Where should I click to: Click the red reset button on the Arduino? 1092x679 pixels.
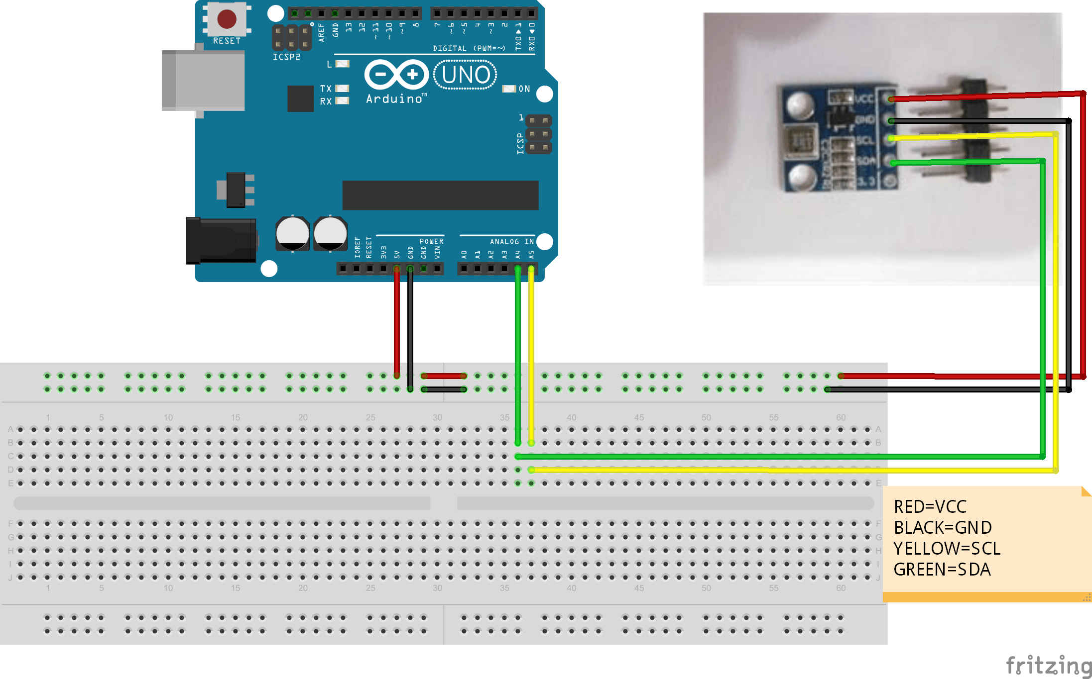pyautogui.click(x=227, y=19)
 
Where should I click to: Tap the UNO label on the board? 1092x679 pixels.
pyautogui.click(x=465, y=75)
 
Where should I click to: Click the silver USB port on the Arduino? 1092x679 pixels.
pyautogui.click(x=203, y=81)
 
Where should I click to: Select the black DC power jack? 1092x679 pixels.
pyautogui.click(x=221, y=241)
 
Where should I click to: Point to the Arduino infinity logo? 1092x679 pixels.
pyautogui.click(x=396, y=75)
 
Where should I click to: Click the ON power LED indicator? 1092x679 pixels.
pyautogui.click(x=509, y=89)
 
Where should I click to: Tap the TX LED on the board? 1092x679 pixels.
pyautogui.click(x=342, y=89)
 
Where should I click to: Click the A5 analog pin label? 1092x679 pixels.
pyautogui.click(x=531, y=254)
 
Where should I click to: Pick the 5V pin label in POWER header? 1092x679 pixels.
pyautogui.click(x=397, y=254)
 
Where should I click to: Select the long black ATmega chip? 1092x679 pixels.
pyautogui.click(x=440, y=195)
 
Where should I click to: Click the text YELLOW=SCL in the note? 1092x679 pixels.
pyautogui.click(x=947, y=548)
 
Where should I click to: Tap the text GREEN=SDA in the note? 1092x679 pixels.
pyautogui.click(x=942, y=569)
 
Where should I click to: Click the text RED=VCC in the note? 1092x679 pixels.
pyautogui.click(x=930, y=506)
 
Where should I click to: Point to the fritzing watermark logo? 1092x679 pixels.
pyautogui.click(x=1048, y=666)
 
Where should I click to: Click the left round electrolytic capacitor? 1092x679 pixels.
pyautogui.click(x=292, y=233)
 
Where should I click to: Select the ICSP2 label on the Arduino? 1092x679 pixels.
pyautogui.click(x=286, y=57)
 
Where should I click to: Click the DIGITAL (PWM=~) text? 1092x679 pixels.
pyautogui.click(x=469, y=48)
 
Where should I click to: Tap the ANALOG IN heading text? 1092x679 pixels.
pyautogui.click(x=511, y=241)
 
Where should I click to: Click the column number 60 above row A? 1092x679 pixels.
pyautogui.click(x=841, y=417)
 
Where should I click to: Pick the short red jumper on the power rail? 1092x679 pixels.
pyautogui.click(x=443, y=376)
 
